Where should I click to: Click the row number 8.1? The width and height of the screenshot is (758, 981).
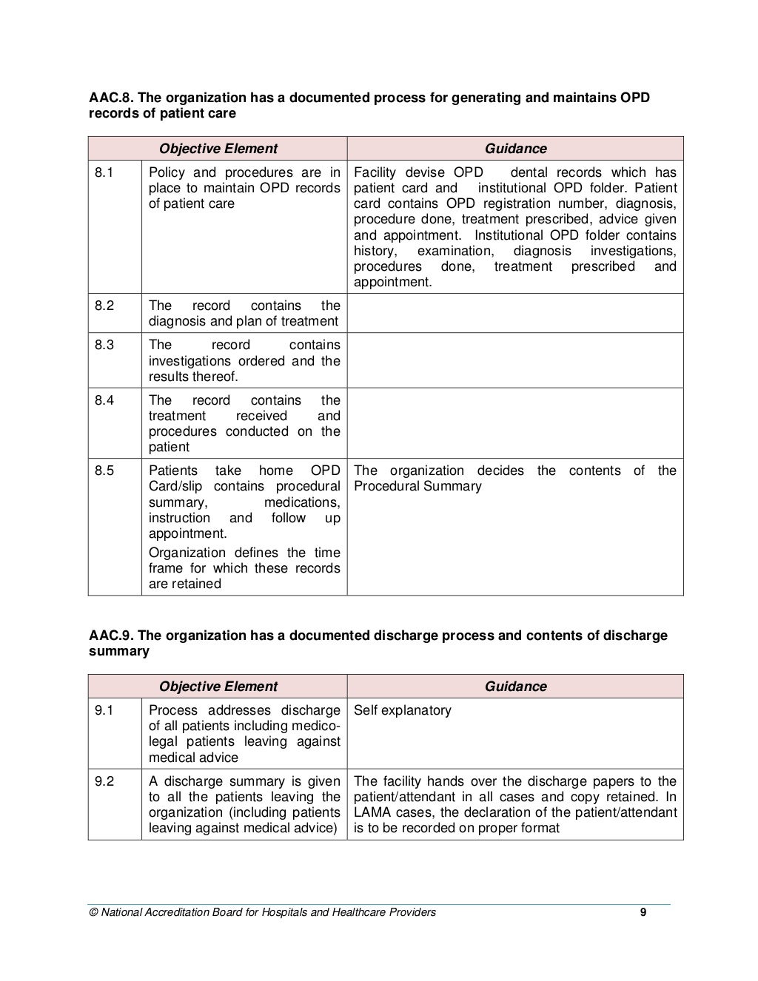point(104,172)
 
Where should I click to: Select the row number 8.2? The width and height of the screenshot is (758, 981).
point(104,306)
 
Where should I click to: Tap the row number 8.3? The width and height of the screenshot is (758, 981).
point(104,345)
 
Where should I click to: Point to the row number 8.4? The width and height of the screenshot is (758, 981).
point(104,400)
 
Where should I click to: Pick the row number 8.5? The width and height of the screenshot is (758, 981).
point(104,471)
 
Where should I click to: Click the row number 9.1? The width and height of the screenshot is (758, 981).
point(104,710)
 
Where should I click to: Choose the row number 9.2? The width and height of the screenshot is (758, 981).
point(104,781)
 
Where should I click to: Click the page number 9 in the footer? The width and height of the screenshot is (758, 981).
point(643,912)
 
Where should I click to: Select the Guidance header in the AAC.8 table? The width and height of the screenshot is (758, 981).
point(515,149)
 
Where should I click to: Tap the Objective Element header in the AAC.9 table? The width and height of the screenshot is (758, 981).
point(218,687)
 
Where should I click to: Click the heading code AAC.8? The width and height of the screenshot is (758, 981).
point(111,98)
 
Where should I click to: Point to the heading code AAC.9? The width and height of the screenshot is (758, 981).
point(111,636)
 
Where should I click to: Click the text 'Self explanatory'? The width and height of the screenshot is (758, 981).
point(402,710)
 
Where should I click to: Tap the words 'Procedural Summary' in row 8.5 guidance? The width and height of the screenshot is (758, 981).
point(417,486)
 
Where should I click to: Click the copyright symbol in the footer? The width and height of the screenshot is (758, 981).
point(93,912)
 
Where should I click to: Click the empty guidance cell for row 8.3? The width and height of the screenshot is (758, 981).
point(515,360)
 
